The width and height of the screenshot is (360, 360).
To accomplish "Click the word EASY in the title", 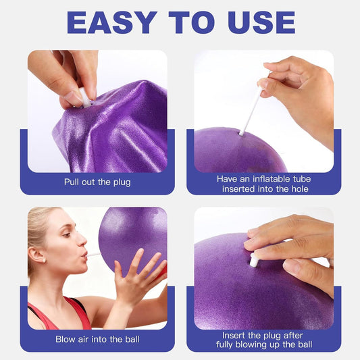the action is pos(112,23).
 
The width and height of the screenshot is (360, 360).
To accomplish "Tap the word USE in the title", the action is pos(261,23).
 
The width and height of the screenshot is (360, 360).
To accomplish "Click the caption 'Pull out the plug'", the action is pos(97,182).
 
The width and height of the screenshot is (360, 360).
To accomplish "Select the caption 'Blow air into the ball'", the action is pos(97,339).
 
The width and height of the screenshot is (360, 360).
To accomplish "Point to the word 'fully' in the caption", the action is pos(225,345).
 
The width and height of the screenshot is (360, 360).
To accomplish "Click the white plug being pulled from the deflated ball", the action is pos(85,98).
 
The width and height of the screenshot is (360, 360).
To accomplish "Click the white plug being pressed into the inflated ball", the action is pos(254,259).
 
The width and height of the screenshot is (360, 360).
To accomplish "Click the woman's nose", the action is pos(82,240).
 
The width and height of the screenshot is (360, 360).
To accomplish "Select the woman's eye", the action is pos(66,234).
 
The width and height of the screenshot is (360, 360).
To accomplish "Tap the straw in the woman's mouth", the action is pos(93,255).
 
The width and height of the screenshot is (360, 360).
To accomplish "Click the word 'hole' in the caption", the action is pos(300,189).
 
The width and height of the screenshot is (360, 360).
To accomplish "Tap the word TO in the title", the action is pos(192,23).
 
